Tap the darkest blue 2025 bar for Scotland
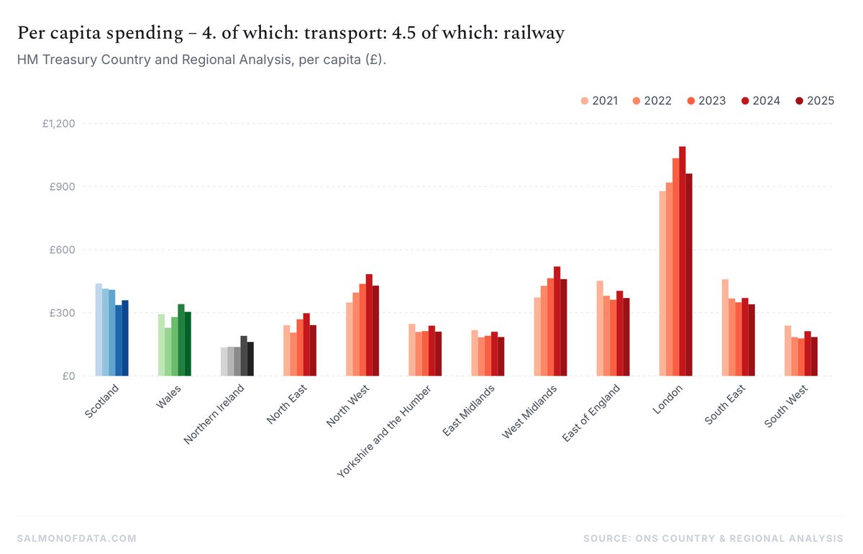point(125,338)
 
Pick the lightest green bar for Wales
point(162,345)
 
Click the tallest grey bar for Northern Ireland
point(244,356)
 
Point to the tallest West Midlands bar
point(557,321)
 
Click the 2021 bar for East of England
point(600,328)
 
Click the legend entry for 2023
point(706,101)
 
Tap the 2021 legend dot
point(584,101)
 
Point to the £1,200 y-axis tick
point(59,124)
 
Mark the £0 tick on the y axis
point(70,376)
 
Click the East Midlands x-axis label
point(469,411)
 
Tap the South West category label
point(786,407)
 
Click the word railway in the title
point(538,33)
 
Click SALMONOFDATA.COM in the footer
point(77,538)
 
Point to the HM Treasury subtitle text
point(201,60)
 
